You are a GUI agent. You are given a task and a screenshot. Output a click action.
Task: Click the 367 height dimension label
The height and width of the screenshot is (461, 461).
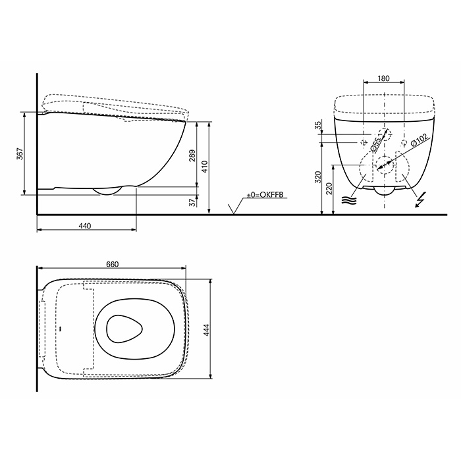pyautogui.click(x=20, y=154)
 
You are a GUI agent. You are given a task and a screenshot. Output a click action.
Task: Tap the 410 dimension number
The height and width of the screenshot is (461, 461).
pyautogui.click(x=205, y=167)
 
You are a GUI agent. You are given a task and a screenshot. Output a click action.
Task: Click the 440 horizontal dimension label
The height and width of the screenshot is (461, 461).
pyautogui.click(x=85, y=225)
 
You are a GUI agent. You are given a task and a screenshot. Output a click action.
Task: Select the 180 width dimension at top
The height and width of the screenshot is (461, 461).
pyautogui.click(x=384, y=78)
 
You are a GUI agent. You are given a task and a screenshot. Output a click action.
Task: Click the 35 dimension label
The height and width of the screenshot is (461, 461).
pyautogui.click(x=318, y=126)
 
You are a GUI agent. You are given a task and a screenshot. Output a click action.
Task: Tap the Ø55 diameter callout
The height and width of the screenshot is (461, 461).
pyautogui.click(x=374, y=144)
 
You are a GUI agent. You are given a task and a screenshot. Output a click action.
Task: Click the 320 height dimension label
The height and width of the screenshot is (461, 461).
pyautogui.click(x=318, y=176)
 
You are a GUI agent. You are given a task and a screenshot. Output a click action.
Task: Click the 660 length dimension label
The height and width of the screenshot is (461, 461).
pyautogui.click(x=112, y=264)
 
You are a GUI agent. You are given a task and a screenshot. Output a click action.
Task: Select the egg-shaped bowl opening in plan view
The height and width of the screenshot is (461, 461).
pyautogui.click(x=121, y=327)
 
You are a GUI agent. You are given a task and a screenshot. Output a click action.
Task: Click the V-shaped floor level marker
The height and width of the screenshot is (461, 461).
pyautogui.click(x=232, y=210)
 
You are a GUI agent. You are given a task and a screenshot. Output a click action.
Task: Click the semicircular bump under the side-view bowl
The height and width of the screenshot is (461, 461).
pyautogui.click(x=107, y=191)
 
